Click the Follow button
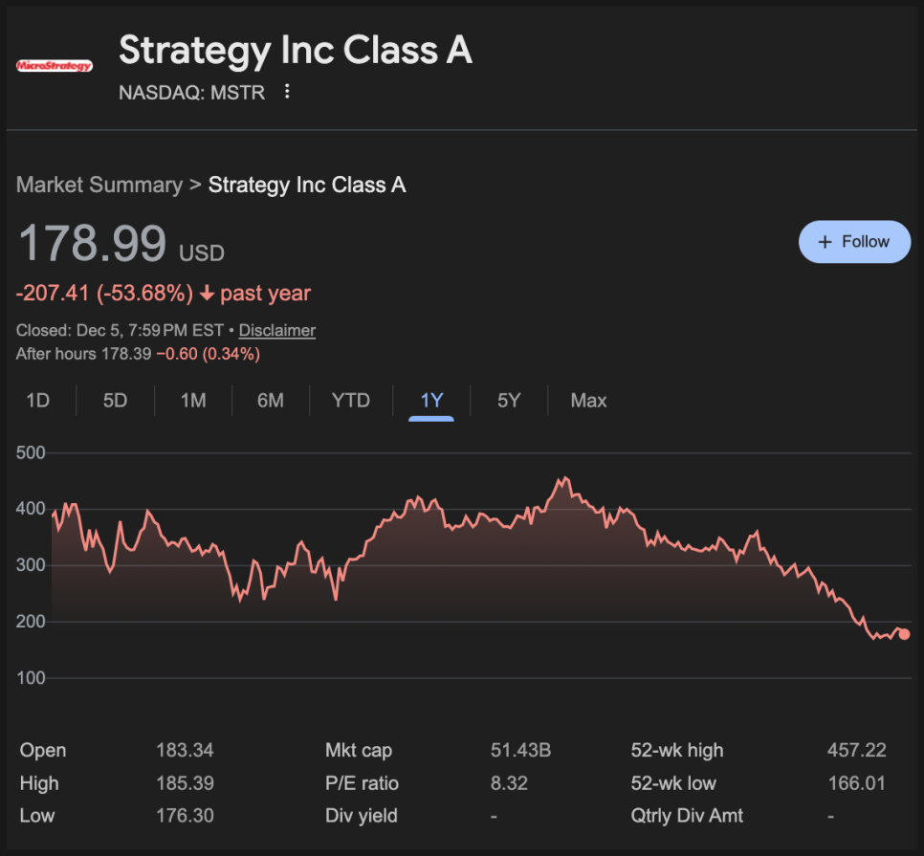pos(854,242)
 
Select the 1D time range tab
pos(38,401)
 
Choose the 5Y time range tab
pos(509,401)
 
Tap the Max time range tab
pos(588,401)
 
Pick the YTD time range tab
pos(351,401)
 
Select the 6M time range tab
pos(271,401)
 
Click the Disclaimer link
pos(276,330)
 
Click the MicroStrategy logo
pos(55,66)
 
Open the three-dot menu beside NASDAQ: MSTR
pos(287,92)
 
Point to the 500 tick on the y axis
pos(32,452)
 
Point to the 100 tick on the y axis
pos(32,678)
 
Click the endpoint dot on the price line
pos(904,634)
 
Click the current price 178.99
pos(93,243)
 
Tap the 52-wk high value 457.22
pos(856,751)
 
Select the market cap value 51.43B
pos(520,751)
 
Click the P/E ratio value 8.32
pos(509,783)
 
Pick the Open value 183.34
pos(185,751)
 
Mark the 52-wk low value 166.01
pos(856,783)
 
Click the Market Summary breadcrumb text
pos(99,185)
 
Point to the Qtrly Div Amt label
pos(687,816)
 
